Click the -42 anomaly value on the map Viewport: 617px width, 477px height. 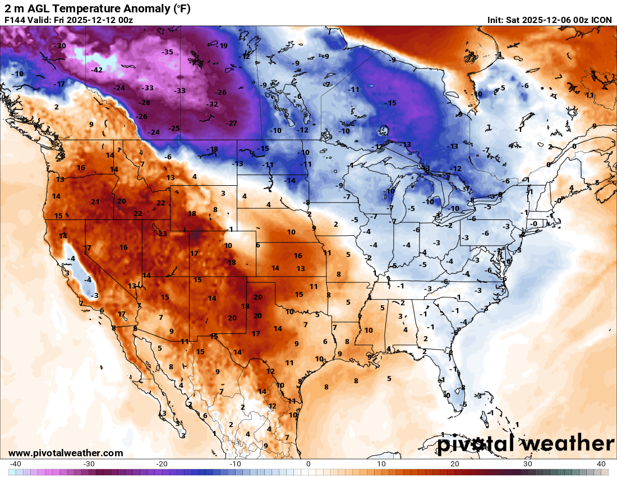pos(97,70)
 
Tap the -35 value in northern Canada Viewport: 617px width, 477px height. pos(167,52)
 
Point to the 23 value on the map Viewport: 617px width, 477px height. pos(163,234)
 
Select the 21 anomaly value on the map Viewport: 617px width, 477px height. pos(95,202)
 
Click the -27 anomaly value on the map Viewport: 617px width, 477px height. pos(231,123)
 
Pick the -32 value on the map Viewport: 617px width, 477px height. pos(212,104)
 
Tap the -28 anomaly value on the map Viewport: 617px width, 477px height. pos(144,103)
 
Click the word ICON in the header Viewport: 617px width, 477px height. pos(602,20)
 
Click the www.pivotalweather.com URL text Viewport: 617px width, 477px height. pos(66,453)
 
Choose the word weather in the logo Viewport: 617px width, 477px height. pos(567,444)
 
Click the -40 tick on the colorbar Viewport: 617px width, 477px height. pos(16,464)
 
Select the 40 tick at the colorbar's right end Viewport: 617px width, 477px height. pos(601,464)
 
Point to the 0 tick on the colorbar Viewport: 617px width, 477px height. pos(308,464)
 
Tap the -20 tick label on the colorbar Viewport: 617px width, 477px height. pos(162,464)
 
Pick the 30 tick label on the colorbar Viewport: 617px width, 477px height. pos(528,464)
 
